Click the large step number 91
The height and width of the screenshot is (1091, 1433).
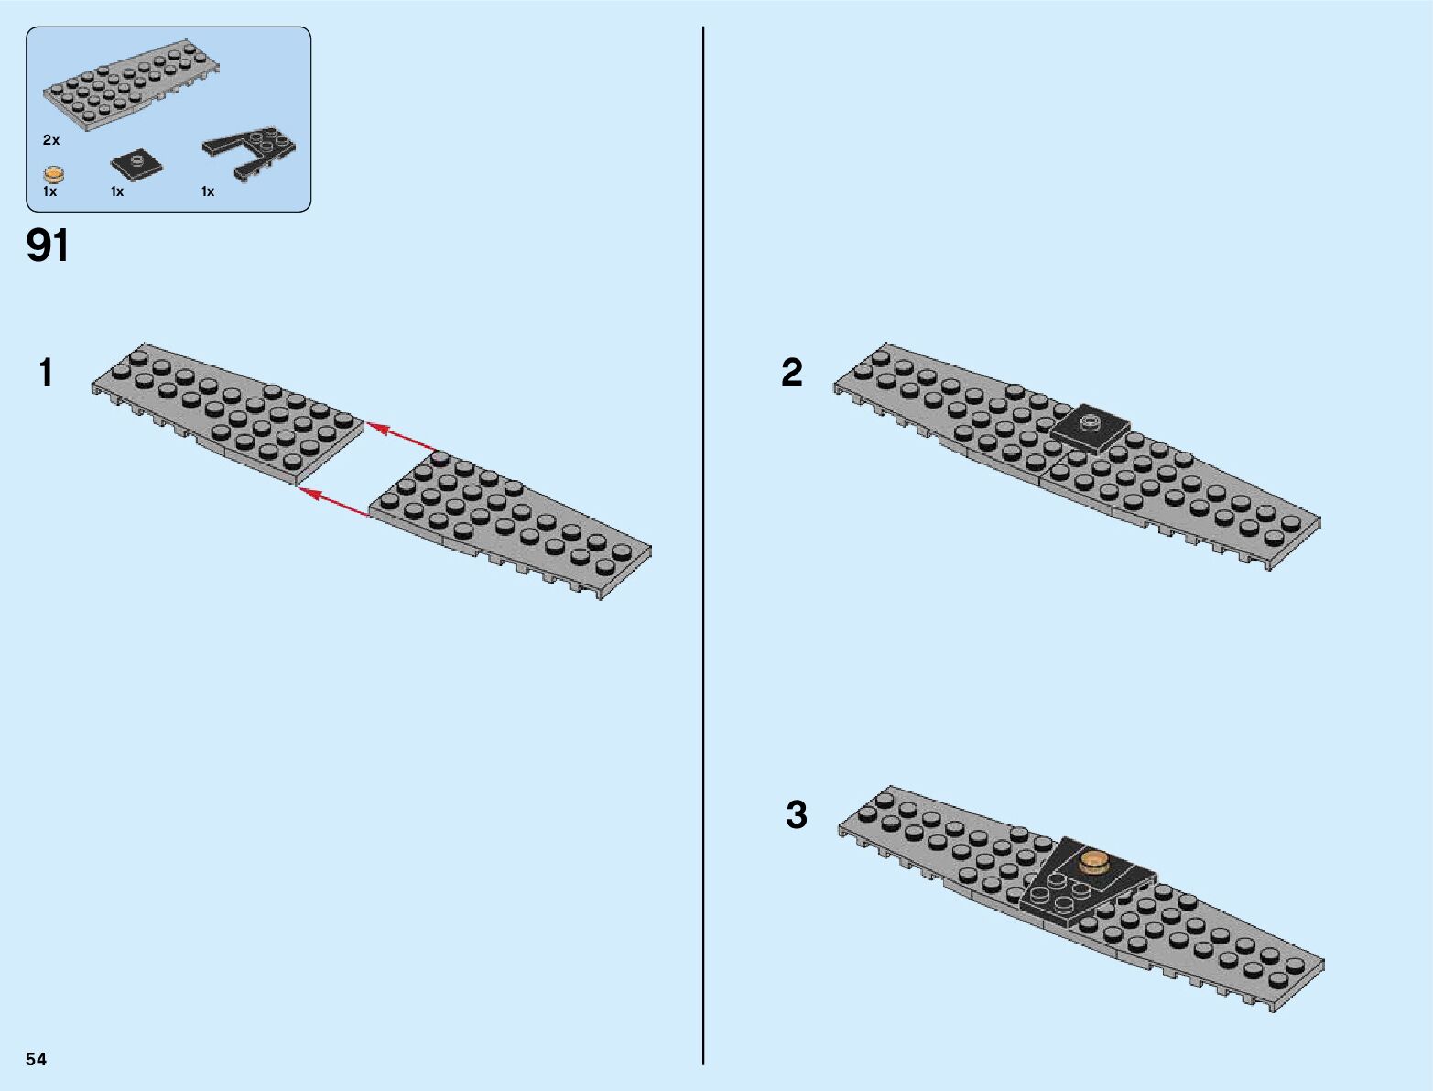click(48, 245)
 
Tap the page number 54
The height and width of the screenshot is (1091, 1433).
click(36, 1059)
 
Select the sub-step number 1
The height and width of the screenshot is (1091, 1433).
click(46, 373)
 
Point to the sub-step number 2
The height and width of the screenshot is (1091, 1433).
click(791, 372)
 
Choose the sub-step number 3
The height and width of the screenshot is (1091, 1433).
click(796, 814)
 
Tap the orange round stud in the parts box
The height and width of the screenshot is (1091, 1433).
click(54, 174)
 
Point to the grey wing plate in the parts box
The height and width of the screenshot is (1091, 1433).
click(128, 90)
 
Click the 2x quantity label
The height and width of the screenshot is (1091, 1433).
click(50, 140)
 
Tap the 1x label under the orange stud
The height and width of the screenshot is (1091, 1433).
click(49, 191)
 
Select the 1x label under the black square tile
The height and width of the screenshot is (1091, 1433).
click(117, 191)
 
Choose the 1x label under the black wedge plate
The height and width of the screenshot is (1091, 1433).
click(208, 191)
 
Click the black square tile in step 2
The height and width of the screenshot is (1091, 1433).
click(1090, 426)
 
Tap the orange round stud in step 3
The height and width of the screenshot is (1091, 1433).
click(1095, 861)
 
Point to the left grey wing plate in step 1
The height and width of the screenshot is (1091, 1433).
click(229, 412)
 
